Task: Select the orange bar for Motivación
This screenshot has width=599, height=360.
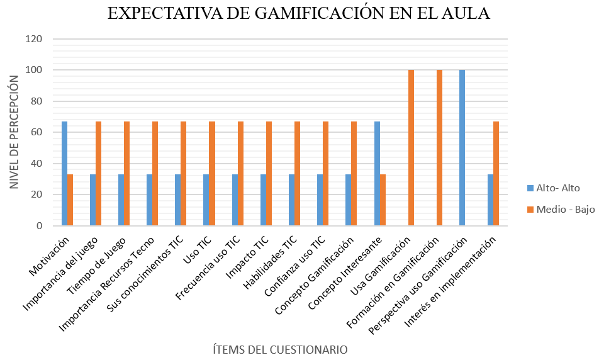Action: (x=70, y=200)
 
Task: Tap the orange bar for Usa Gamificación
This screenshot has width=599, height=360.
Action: (x=411, y=148)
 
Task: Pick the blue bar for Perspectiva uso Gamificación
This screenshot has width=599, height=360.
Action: (x=462, y=148)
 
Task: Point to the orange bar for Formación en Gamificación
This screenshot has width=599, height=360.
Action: (x=440, y=148)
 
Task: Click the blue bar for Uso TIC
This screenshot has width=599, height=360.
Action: (x=206, y=200)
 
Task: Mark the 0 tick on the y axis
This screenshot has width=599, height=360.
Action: (x=38, y=226)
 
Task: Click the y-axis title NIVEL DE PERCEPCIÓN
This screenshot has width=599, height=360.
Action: (x=13, y=132)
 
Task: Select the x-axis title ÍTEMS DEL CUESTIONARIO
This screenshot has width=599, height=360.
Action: (x=279, y=349)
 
